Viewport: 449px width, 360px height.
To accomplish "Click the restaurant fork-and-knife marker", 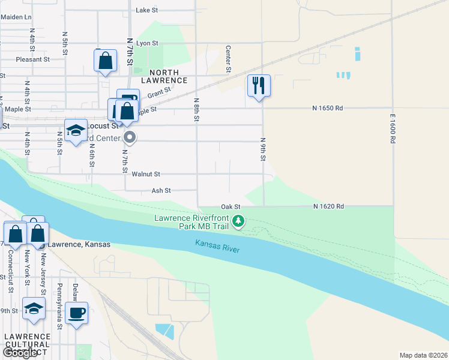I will [x=259, y=85].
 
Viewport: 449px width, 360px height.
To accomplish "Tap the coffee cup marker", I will [x=77, y=313].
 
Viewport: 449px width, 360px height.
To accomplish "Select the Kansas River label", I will [x=217, y=245].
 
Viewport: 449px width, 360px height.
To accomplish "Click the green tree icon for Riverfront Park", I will [x=239, y=221].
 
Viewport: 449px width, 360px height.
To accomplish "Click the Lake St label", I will [x=146, y=10].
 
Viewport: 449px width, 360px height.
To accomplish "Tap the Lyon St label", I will [x=147, y=43].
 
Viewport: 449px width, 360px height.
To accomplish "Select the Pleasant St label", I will [x=32, y=59].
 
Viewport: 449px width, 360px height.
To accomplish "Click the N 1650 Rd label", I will [x=327, y=108].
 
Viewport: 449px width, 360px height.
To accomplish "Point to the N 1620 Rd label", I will [x=328, y=206].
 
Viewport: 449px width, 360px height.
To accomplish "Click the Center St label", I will [x=228, y=59].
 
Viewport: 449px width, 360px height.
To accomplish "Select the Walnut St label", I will [x=148, y=174].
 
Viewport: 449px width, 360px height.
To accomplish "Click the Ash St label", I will [x=161, y=190].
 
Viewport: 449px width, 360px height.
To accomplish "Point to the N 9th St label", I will [x=263, y=149].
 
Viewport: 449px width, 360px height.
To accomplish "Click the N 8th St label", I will [x=196, y=110].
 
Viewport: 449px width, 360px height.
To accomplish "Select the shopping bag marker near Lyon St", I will [x=105, y=61].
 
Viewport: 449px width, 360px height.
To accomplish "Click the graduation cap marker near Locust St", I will [x=76, y=131].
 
